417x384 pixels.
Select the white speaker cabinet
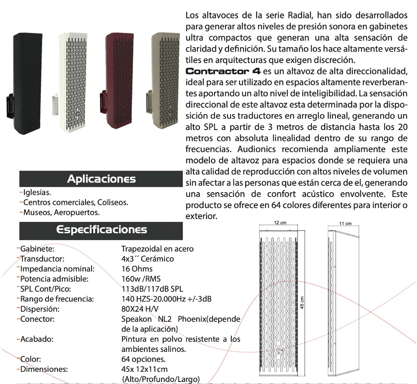pos(73,81)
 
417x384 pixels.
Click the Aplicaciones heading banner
pos(101,179)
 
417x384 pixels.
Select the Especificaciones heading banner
pos(101,230)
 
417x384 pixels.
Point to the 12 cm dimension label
pos(280,223)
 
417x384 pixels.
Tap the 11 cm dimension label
pos(345,223)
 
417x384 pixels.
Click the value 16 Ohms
pos(137,269)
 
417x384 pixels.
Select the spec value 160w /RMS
pos(141,279)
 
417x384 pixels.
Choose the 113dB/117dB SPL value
pos(152,289)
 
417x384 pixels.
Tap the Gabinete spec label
pos(37,249)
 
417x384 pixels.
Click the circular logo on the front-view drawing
pos(279,350)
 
